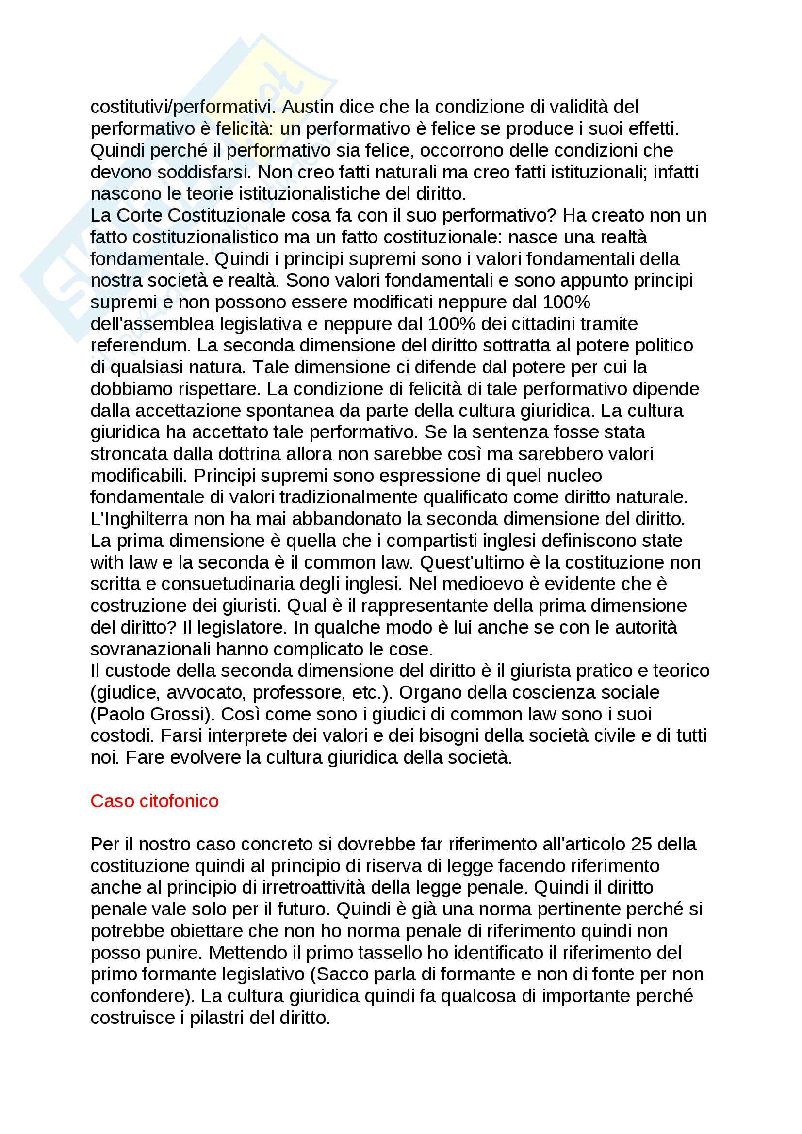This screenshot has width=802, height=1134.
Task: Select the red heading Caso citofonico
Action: point(154,800)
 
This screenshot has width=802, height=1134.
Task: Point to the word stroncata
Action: point(126,453)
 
